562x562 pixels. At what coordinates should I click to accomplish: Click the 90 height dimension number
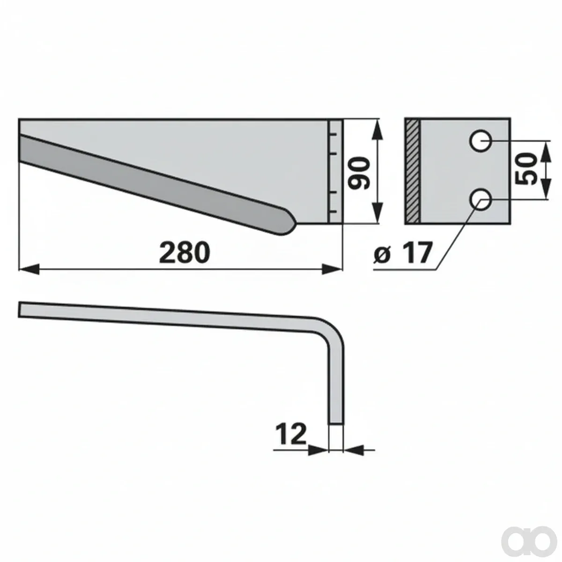coord(359,173)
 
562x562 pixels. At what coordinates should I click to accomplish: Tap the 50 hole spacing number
coord(526,169)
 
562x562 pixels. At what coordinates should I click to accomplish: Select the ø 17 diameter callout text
coord(402,252)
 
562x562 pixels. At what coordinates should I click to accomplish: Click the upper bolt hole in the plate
coord(481,141)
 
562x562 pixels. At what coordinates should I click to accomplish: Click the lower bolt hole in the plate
coord(481,199)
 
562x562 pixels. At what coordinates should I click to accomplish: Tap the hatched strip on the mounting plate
coord(413,171)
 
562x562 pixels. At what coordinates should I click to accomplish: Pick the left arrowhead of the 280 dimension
coord(29,269)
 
